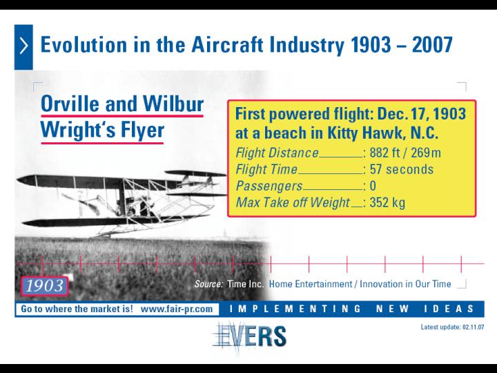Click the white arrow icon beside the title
pos(23,46)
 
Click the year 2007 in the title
pos(432,44)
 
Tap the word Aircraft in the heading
pos(227,44)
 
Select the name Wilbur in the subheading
pos(173,104)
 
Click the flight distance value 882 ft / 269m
pos(405,153)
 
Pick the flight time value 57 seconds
pos(401,169)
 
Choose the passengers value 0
pos(373,186)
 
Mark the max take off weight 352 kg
pos(387,202)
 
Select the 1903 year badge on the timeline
pos(44,286)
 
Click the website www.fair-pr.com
pos(177,309)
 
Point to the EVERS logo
pos(249,337)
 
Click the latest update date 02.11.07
pos(474,327)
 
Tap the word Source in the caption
pos(209,284)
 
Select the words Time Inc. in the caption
pos(245,284)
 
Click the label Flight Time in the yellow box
pos(266,169)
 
